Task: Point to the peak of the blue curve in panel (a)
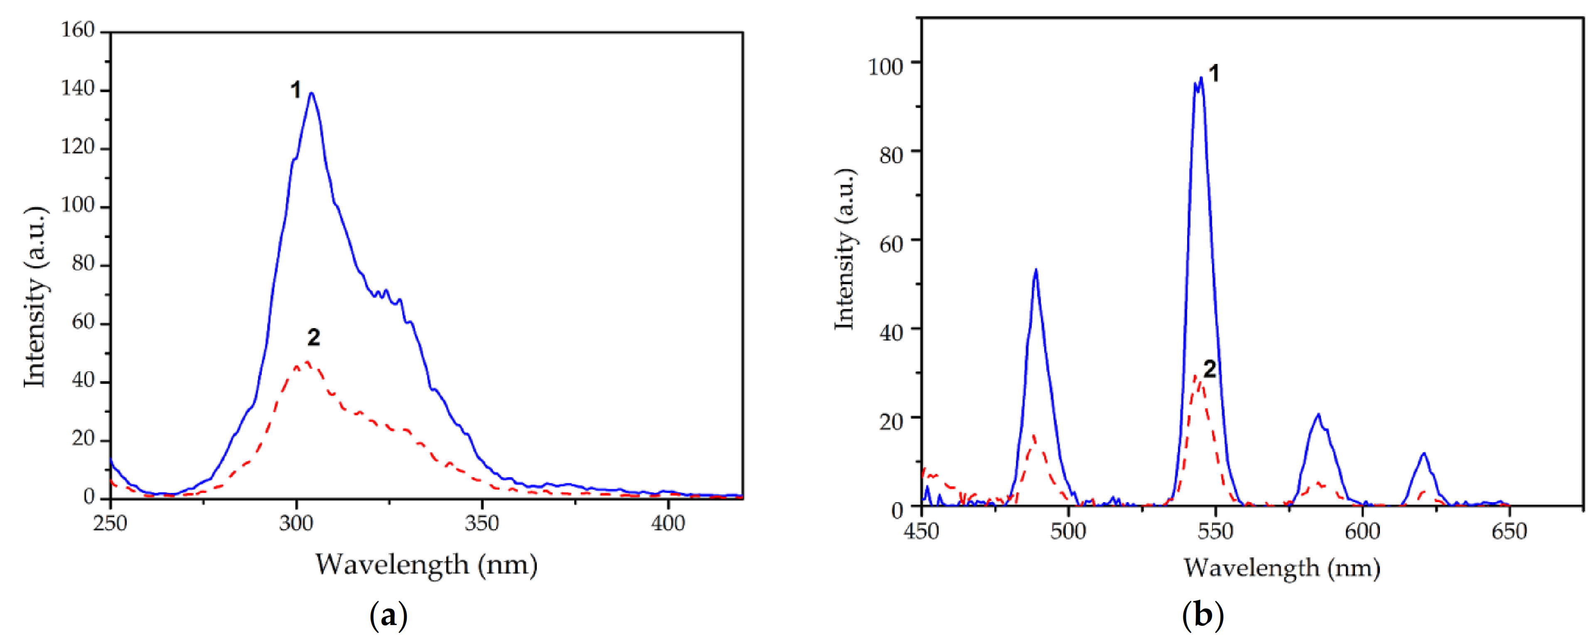click(311, 93)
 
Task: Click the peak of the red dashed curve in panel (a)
click(307, 362)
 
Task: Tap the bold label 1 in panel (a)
click(295, 91)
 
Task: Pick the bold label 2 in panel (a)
click(313, 338)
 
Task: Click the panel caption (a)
click(389, 616)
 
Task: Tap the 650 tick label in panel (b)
click(1509, 531)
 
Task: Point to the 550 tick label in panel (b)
click(1215, 531)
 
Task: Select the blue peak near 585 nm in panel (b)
click(1318, 414)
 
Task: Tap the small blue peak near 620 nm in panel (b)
click(1424, 454)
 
